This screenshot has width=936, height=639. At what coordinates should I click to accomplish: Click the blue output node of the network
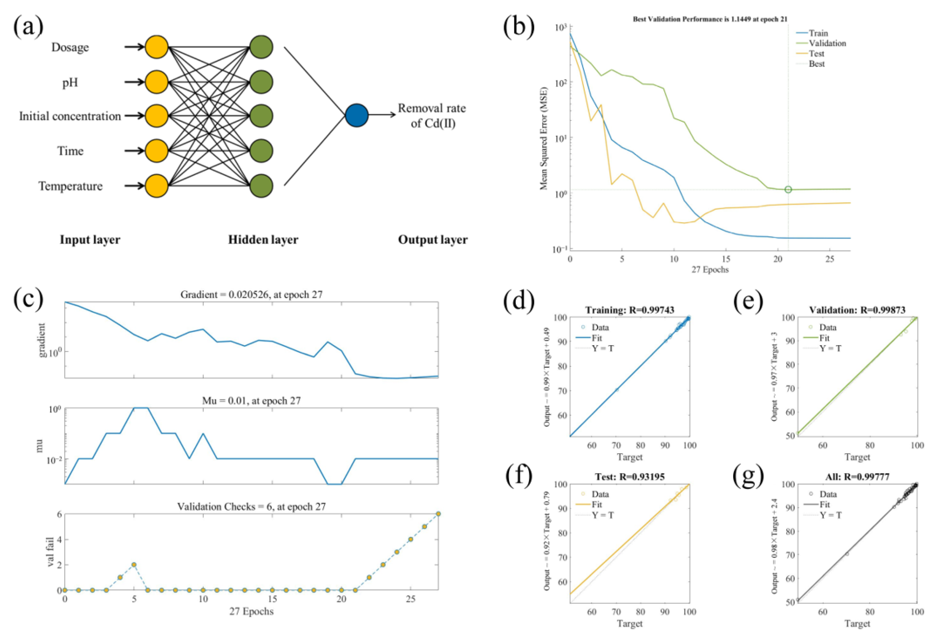click(357, 115)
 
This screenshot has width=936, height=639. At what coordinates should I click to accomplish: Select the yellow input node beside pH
click(156, 82)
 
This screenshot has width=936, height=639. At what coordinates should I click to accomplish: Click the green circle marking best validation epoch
click(788, 189)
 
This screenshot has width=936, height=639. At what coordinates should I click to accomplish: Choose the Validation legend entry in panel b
click(827, 43)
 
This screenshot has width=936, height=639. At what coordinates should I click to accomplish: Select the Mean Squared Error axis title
click(544, 138)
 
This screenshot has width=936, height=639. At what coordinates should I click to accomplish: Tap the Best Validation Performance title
click(710, 19)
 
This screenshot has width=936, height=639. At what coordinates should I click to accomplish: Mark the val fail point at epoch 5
click(134, 564)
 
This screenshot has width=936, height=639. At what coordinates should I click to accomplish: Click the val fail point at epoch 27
click(438, 514)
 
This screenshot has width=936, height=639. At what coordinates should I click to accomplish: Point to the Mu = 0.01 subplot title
click(251, 401)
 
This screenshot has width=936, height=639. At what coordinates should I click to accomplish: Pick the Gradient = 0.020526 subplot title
click(251, 295)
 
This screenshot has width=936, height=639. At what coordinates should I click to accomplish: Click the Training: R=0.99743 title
click(630, 310)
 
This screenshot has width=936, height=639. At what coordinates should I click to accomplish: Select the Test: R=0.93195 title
click(630, 477)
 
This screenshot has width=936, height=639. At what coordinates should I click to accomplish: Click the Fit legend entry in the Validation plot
click(824, 338)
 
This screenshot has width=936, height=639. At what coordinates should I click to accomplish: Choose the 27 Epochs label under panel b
click(710, 269)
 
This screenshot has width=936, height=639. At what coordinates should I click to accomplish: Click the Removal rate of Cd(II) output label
click(432, 116)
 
